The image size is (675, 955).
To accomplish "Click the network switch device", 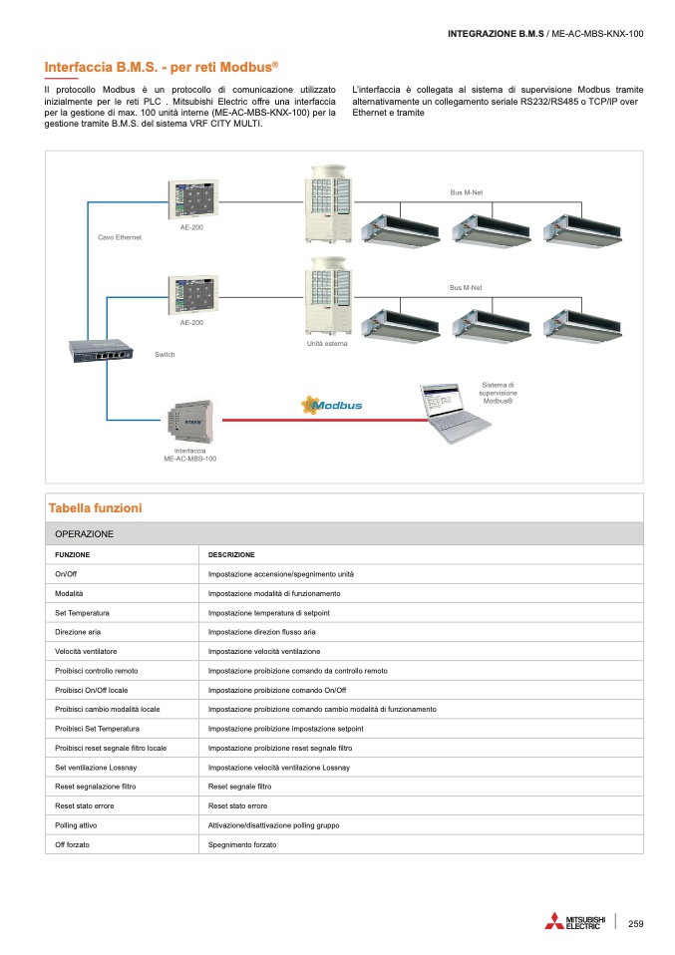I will pyautogui.click(x=101, y=350).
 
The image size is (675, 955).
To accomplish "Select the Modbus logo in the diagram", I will pyautogui.click(x=332, y=405).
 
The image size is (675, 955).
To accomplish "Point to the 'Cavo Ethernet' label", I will pyautogui.click(x=120, y=237).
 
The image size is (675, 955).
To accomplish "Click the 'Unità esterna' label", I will pyautogui.click(x=326, y=344).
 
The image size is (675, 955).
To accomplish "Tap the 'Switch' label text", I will pyautogui.click(x=166, y=355).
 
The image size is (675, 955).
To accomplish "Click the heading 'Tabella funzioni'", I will pyautogui.click(x=96, y=508).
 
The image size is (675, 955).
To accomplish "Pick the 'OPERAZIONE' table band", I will pyautogui.click(x=85, y=534).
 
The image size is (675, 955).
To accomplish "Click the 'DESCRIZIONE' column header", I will pyautogui.click(x=231, y=554).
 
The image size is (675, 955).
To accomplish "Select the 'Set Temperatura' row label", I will pyautogui.click(x=82, y=612).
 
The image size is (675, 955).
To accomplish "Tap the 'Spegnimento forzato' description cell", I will pyautogui.click(x=242, y=844).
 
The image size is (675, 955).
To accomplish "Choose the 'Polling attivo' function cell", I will pyautogui.click(x=76, y=825).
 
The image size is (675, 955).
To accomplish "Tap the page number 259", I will pyautogui.click(x=635, y=923).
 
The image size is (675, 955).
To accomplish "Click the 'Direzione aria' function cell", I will pyautogui.click(x=78, y=632).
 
